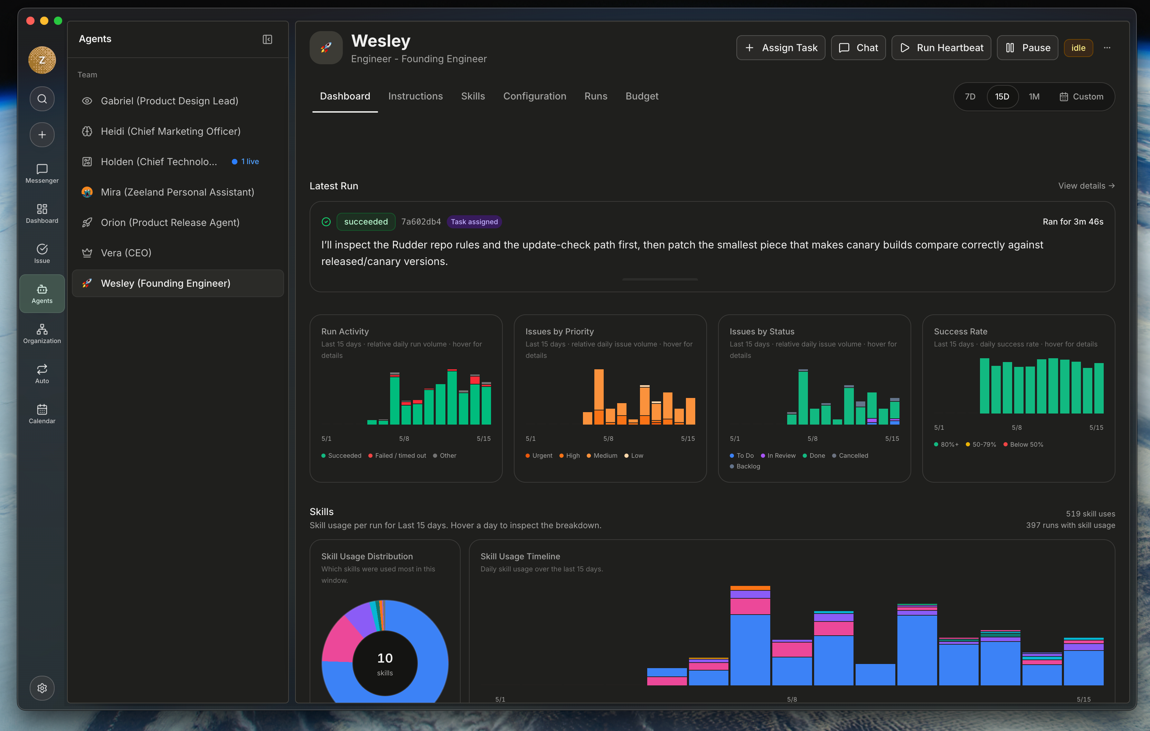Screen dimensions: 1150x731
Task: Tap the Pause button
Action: pos(1027,48)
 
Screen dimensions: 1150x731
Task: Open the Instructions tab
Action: pos(415,96)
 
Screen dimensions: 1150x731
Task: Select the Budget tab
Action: pos(642,96)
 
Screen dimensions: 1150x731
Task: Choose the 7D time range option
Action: pos(970,96)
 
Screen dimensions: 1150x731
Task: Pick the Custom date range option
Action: pos(1081,96)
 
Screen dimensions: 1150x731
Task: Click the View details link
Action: pos(1086,186)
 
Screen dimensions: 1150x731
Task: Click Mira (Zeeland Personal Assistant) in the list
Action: pos(178,192)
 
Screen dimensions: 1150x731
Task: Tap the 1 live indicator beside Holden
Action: pos(245,161)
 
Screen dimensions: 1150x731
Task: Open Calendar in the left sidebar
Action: pos(42,414)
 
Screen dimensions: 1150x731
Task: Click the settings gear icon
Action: pos(42,688)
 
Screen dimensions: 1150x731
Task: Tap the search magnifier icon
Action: pos(42,99)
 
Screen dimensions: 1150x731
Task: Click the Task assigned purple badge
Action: pos(474,221)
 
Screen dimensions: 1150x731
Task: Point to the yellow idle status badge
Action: pos(1078,48)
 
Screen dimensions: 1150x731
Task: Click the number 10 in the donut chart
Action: pos(385,658)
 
